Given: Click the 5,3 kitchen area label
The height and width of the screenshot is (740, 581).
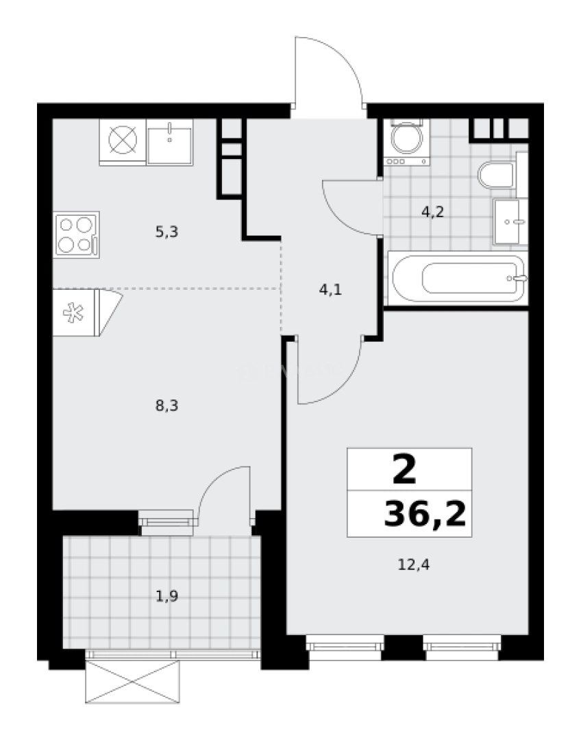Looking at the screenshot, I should click(166, 232).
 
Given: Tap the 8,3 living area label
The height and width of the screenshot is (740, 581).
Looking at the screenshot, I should click(166, 406).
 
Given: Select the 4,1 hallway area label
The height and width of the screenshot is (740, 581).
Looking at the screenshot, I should click(330, 289).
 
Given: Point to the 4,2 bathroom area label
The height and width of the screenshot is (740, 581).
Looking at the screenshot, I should click(432, 211).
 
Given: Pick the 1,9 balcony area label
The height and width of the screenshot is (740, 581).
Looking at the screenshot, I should click(166, 595).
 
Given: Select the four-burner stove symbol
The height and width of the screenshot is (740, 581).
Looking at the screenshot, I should click(76, 234).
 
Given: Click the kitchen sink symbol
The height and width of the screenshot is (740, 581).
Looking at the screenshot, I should click(169, 141).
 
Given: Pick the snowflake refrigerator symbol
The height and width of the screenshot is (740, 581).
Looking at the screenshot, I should click(73, 312).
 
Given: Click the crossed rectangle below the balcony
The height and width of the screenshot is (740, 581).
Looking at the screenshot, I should click(132, 682).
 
